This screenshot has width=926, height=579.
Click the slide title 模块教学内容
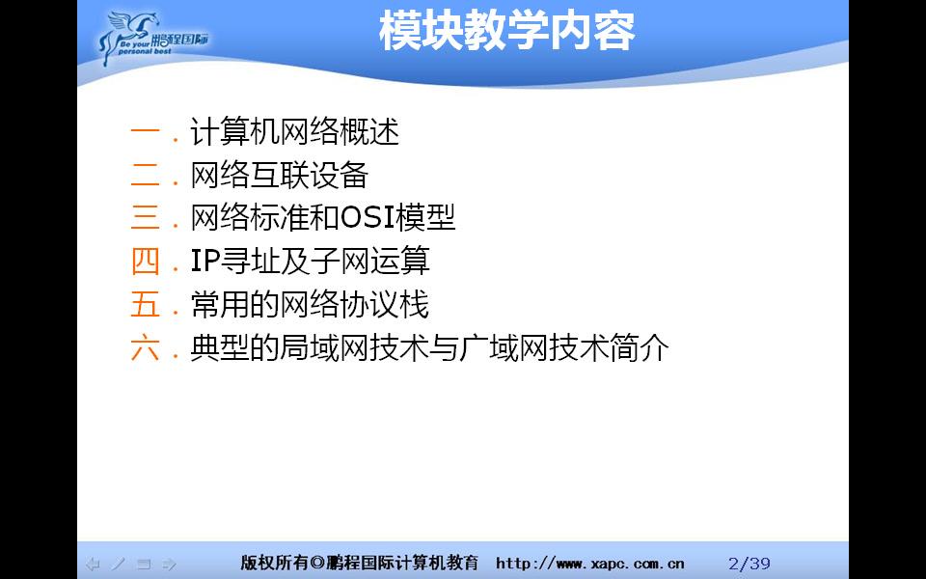(506, 31)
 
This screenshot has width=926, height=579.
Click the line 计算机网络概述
(294, 132)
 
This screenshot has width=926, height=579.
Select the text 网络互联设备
(280, 176)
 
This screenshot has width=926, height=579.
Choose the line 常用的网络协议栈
(309, 305)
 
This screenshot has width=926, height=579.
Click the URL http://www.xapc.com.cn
(590, 564)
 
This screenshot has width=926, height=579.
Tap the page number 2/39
(749, 564)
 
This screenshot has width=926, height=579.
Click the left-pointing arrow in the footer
(93, 564)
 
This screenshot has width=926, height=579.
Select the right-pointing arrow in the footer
(169, 564)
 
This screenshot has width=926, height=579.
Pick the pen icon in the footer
(118, 564)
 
